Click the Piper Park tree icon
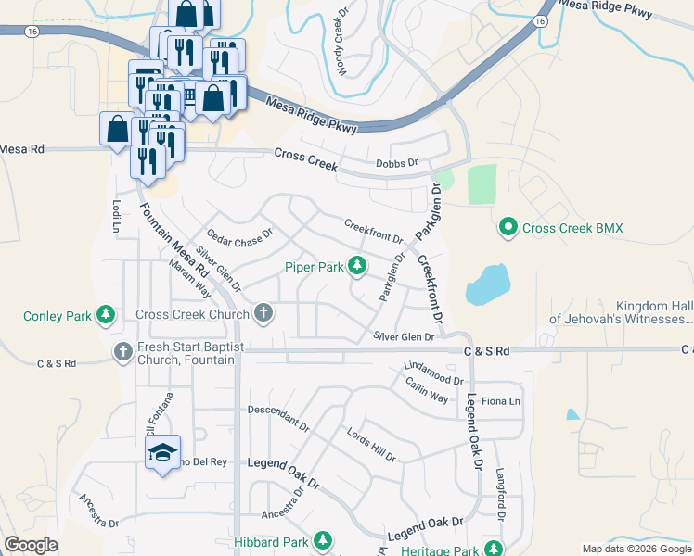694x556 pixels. click(x=356, y=268)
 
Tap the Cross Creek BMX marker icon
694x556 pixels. click(x=508, y=227)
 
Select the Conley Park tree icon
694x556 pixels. click(x=107, y=316)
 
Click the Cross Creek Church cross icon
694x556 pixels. click(x=264, y=313)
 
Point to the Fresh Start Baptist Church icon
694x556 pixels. click(x=122, y=351)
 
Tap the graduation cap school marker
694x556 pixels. click(x=162, y=452)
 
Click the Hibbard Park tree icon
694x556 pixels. click(x=323, y=540)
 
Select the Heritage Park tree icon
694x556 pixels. click(x=495, y=550)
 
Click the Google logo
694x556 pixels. click(x=31, y=545)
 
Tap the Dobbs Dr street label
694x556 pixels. click(x=399, y=164)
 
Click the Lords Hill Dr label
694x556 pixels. click(x=371, y=445)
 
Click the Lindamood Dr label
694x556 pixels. click(x=433, y=373)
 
